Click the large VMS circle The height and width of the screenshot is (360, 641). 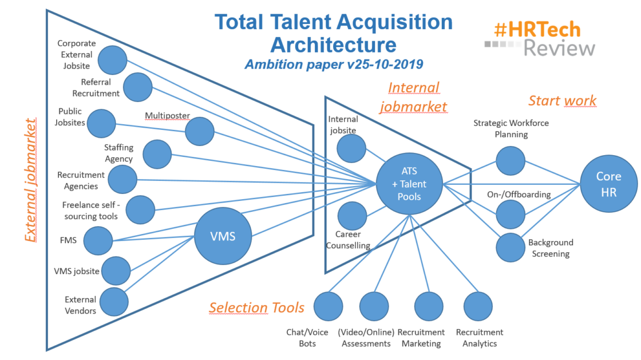tap(223, 236)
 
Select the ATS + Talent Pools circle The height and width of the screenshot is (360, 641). tap(409, 183)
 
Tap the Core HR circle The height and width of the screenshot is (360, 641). tap(608, 184)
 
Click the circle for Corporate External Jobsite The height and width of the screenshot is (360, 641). tap(112, 60)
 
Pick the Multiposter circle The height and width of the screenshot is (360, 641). tap(200, 131)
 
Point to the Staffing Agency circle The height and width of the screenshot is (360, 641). tap(157, 154)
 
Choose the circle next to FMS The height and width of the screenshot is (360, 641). tap(98, 240)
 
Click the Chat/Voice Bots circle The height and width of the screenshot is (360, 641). tap(328, 306)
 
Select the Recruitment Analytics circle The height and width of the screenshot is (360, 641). tap(478, 306)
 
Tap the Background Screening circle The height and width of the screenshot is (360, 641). tap(511, 248)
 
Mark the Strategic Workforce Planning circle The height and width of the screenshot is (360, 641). tap(511, 161)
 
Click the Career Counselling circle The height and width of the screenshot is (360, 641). tap(352, 216)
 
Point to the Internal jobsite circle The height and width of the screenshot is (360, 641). tap(351, 148)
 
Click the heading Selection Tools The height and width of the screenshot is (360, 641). tap(256, 308)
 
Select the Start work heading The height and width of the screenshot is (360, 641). tap(562, 101)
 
